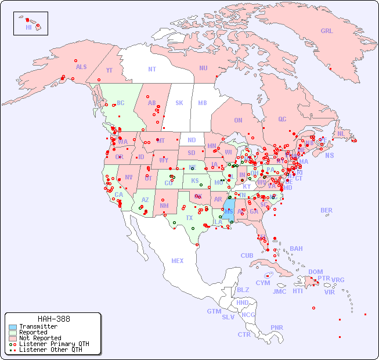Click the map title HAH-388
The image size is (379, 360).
[54, 319]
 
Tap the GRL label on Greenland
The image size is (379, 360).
[327, 31]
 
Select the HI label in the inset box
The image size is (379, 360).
[28, 27]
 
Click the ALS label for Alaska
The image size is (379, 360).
[81, 67]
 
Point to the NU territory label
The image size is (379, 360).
[203, 68]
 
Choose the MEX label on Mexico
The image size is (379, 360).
[178, 261]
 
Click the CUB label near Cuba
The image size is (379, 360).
[247, 255]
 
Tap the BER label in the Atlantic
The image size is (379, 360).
[327, 210]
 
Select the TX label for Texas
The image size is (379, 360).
[189, 218]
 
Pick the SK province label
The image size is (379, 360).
[179, 103]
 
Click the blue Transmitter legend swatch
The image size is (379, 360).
[13, 327]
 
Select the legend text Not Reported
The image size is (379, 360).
[40, 338]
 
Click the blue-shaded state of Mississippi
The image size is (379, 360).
[229, 209]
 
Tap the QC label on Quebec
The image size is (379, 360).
[282, 119]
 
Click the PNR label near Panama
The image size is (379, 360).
[277, 327]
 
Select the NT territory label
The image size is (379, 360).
[152, 69]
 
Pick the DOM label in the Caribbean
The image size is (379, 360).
[315, 272]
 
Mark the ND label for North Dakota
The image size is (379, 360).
[192, 140]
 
